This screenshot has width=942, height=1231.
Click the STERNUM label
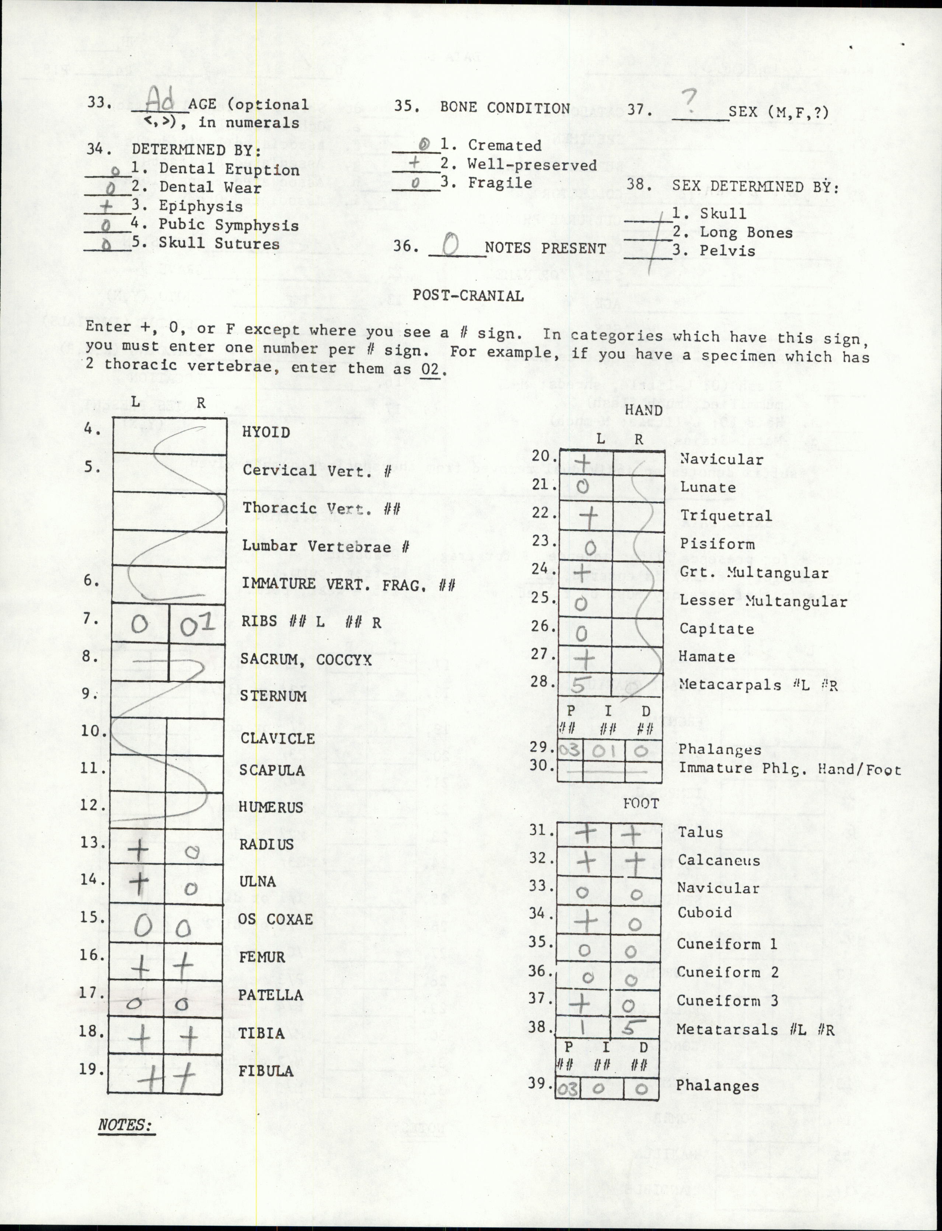point(273,696)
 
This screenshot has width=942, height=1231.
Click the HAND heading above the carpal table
point(643,410)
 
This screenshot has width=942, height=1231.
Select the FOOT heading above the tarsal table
point(641,804)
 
